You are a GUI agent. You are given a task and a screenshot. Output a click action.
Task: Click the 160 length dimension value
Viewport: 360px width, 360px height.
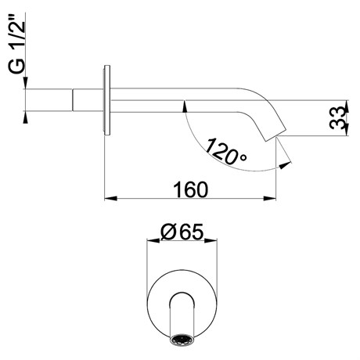pos(191,189)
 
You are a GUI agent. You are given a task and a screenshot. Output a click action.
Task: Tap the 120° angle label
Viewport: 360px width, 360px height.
pos(225,153)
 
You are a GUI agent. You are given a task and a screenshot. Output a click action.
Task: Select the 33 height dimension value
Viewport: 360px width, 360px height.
pos(339,117)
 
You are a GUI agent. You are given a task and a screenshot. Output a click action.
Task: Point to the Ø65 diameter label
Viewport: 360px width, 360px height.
pos(182,232)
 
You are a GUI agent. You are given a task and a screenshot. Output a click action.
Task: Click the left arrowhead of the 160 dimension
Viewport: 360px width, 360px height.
pos(110,199)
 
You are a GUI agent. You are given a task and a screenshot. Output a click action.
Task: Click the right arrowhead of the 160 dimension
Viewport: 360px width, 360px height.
pos(270,199)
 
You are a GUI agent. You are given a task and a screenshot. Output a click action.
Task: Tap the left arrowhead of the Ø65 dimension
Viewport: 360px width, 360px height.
pos(153,240)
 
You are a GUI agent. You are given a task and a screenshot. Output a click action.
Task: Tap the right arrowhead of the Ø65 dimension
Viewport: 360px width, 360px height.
pos(211,240)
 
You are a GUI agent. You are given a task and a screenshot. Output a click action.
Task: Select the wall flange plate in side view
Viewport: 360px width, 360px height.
pos(107,100)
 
